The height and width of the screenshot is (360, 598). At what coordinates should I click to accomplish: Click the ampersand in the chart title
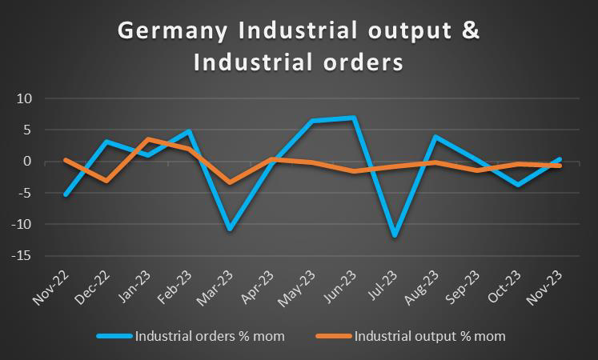(x=472, y=31)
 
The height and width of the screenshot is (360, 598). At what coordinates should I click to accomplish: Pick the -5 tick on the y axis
(x=23, y=193)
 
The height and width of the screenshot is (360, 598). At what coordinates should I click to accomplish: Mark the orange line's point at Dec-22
(x=107, y=181)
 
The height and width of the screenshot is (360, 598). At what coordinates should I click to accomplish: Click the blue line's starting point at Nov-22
(x=66, y=194)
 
